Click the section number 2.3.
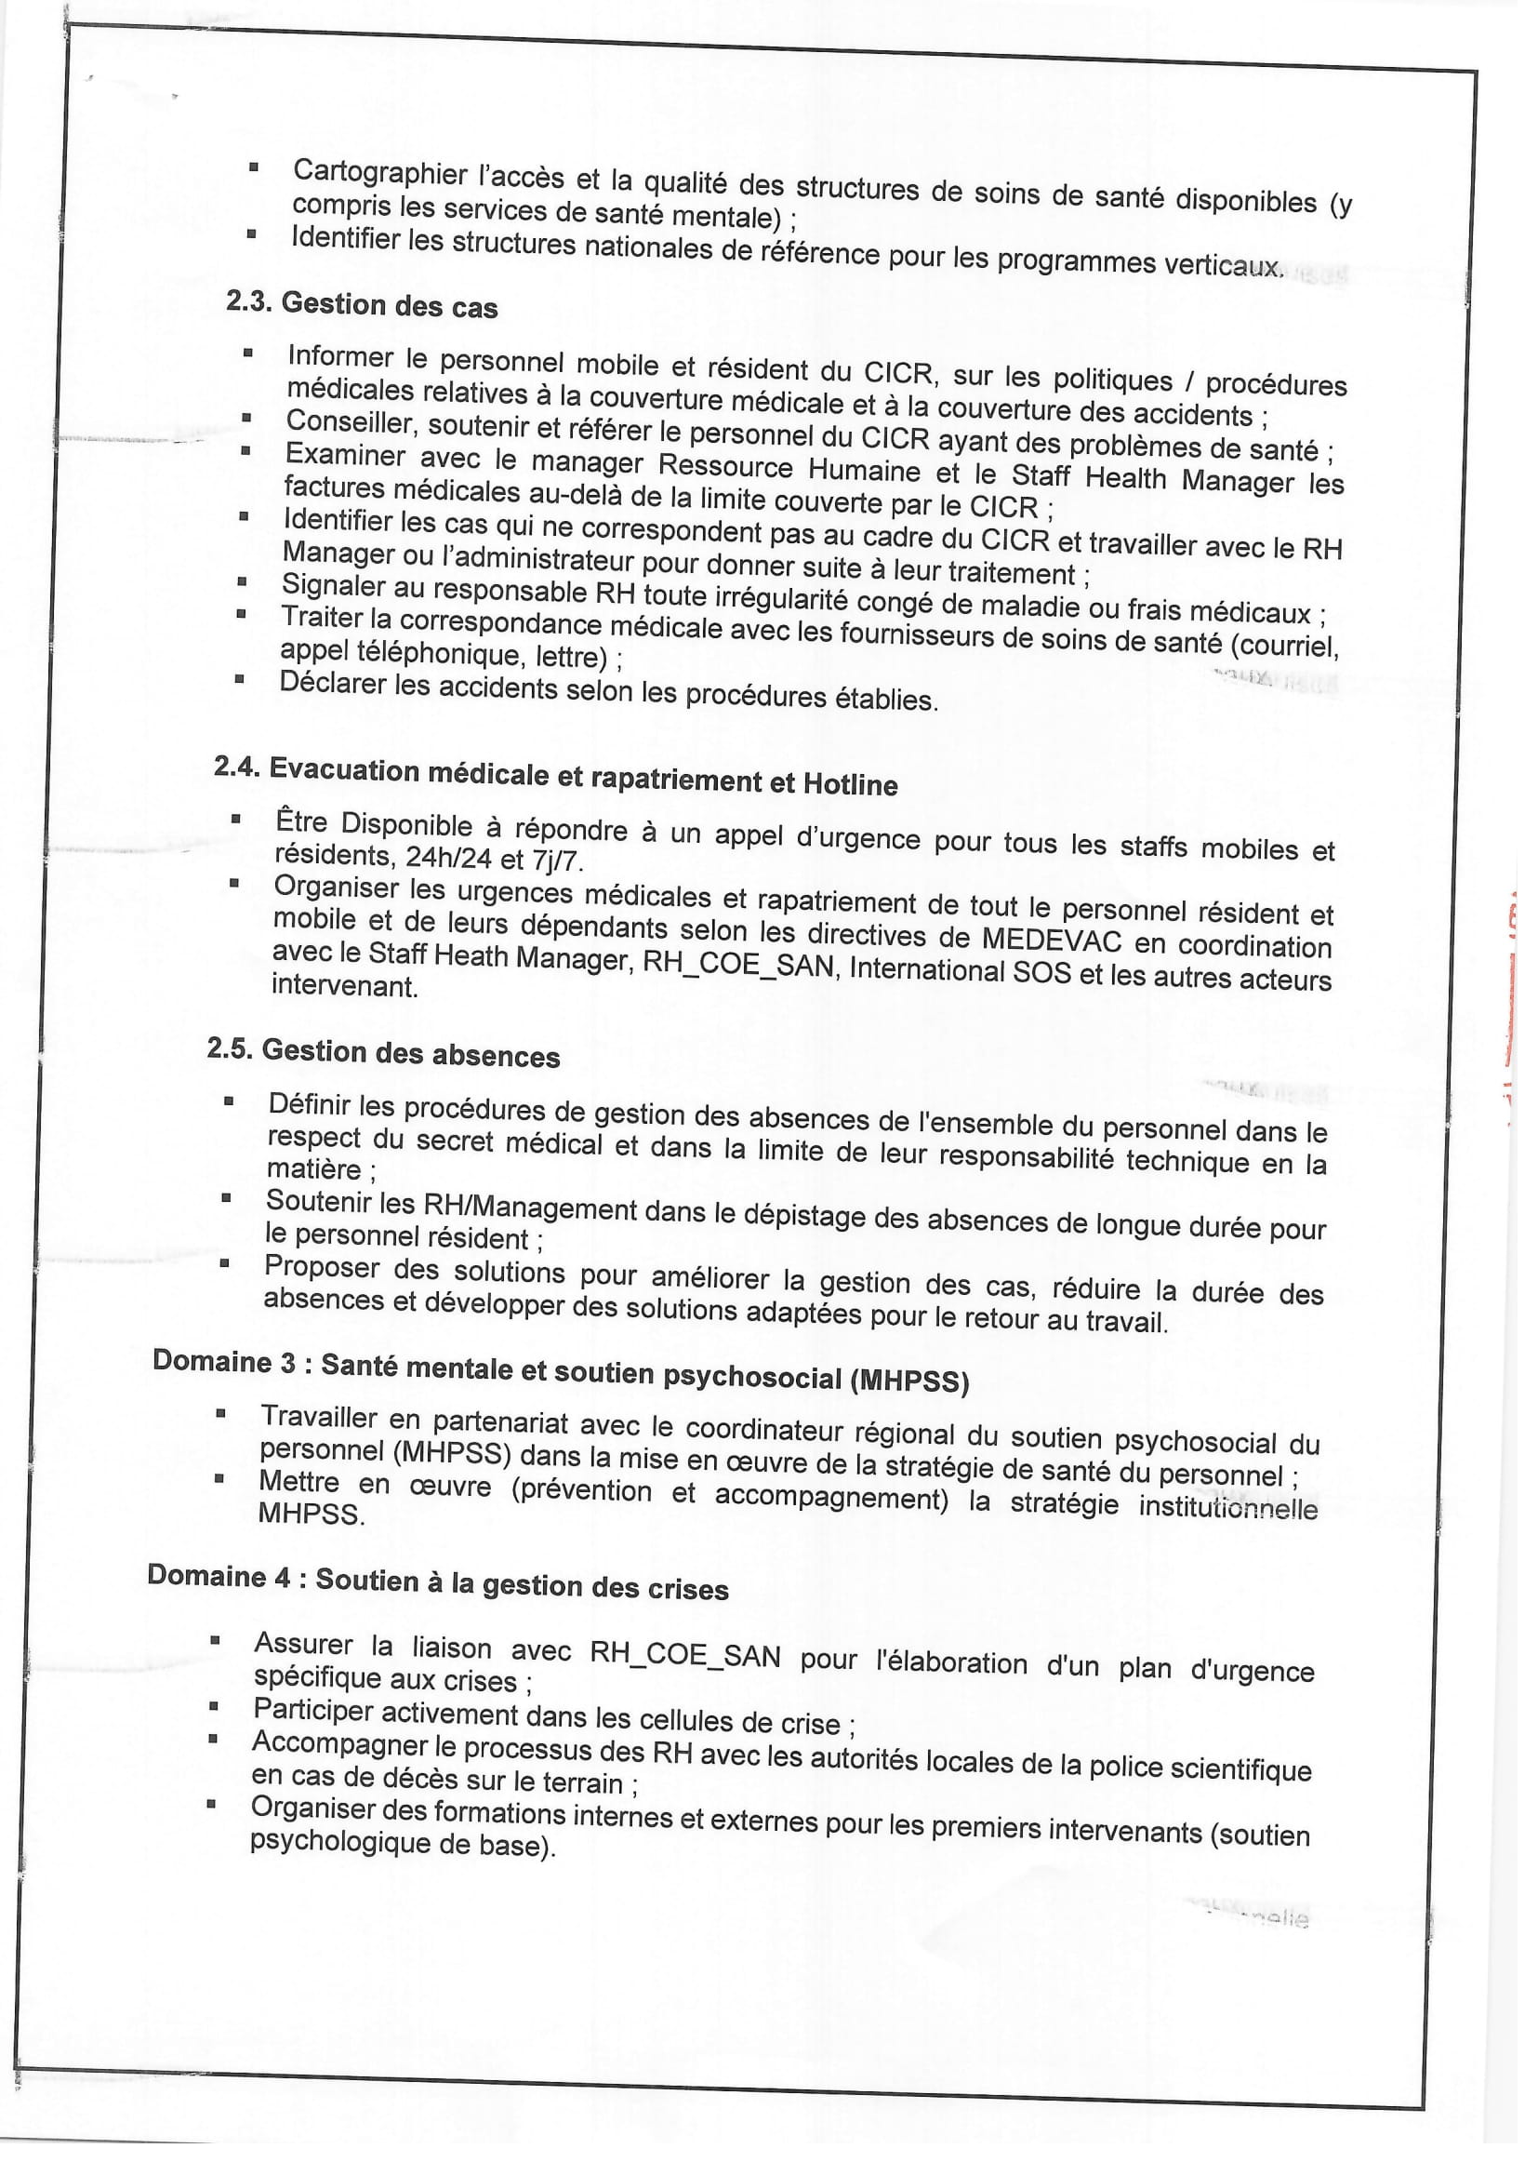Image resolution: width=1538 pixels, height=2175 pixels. [249, 301]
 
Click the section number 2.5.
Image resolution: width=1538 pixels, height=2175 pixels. [229, 1048]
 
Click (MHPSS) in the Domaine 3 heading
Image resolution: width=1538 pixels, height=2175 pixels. [909, 1381]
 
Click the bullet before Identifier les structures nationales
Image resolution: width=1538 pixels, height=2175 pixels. [251, 232]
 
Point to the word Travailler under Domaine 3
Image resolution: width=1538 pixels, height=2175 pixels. [319, 1417]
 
